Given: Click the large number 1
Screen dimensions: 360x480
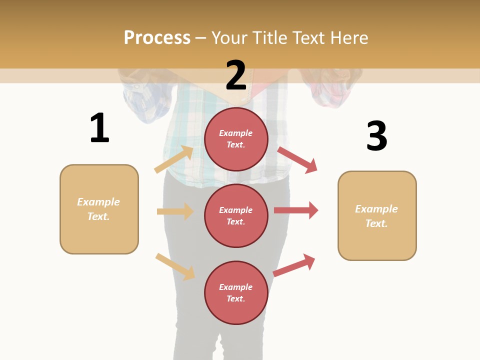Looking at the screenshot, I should point(99,128).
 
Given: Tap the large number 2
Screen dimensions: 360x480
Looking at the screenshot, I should point(236,75).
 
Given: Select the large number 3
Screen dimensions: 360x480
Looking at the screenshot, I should point(376,136).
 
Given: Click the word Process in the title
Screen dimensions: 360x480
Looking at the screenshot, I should point(157,37).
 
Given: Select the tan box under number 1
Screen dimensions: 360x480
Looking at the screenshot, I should point(99,209).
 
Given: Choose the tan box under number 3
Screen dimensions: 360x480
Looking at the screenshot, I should point(377,215).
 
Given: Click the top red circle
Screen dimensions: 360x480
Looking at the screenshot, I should point(236,139).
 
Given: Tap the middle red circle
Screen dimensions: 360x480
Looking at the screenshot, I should point(236,215).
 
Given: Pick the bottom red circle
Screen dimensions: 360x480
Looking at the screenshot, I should point(236,292).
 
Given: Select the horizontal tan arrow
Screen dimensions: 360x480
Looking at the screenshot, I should point(175,211).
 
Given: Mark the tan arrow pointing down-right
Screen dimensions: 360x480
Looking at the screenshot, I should point(175,266).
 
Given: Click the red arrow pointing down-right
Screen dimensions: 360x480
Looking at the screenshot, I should point(297,159).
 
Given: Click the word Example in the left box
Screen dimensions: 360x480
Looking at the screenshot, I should point(98,202).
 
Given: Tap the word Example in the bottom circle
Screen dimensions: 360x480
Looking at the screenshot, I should point(235,287).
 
